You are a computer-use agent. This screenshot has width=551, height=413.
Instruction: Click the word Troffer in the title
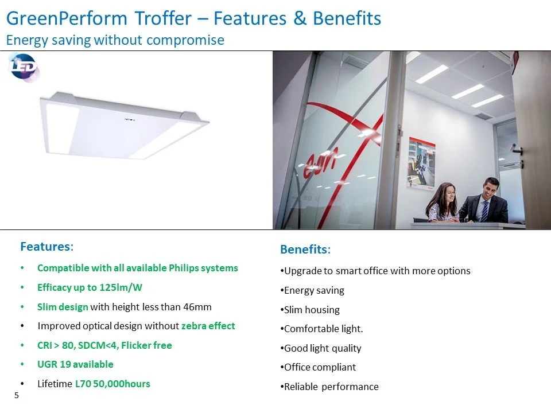pyautogui.click(x=163, y=18)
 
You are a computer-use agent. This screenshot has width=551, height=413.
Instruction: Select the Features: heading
pyautogui.click(x=46, y=247)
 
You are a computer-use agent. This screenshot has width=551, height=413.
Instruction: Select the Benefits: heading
pyautogui.click(x=305, y=250)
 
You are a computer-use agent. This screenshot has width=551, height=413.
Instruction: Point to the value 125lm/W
pyautogui.click(x=121, y=287)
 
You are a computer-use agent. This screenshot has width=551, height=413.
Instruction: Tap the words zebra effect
pyautogui.click(x=208, y=326)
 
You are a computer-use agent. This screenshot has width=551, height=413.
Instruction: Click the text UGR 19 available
pyautogui.click(x=75, y=365)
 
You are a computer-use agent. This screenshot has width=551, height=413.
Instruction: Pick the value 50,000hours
pyautogui.click(x=122, y=384)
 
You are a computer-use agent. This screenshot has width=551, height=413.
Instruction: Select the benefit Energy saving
pyautogui.click(x=314, y=291)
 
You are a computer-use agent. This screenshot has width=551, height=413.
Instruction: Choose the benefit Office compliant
pyautogui.click(x=320, y=367)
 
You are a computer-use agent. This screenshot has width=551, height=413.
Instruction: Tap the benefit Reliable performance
pyautogui.click(x=331, y=387)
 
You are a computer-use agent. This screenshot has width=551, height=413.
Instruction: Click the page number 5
pyautogui.click(x=17, y=395)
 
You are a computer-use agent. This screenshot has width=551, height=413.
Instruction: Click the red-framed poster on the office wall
pyautogui.click(x=421, y=163)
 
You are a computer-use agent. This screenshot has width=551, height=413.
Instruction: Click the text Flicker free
pyautogui.click(x=146, y=345)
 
